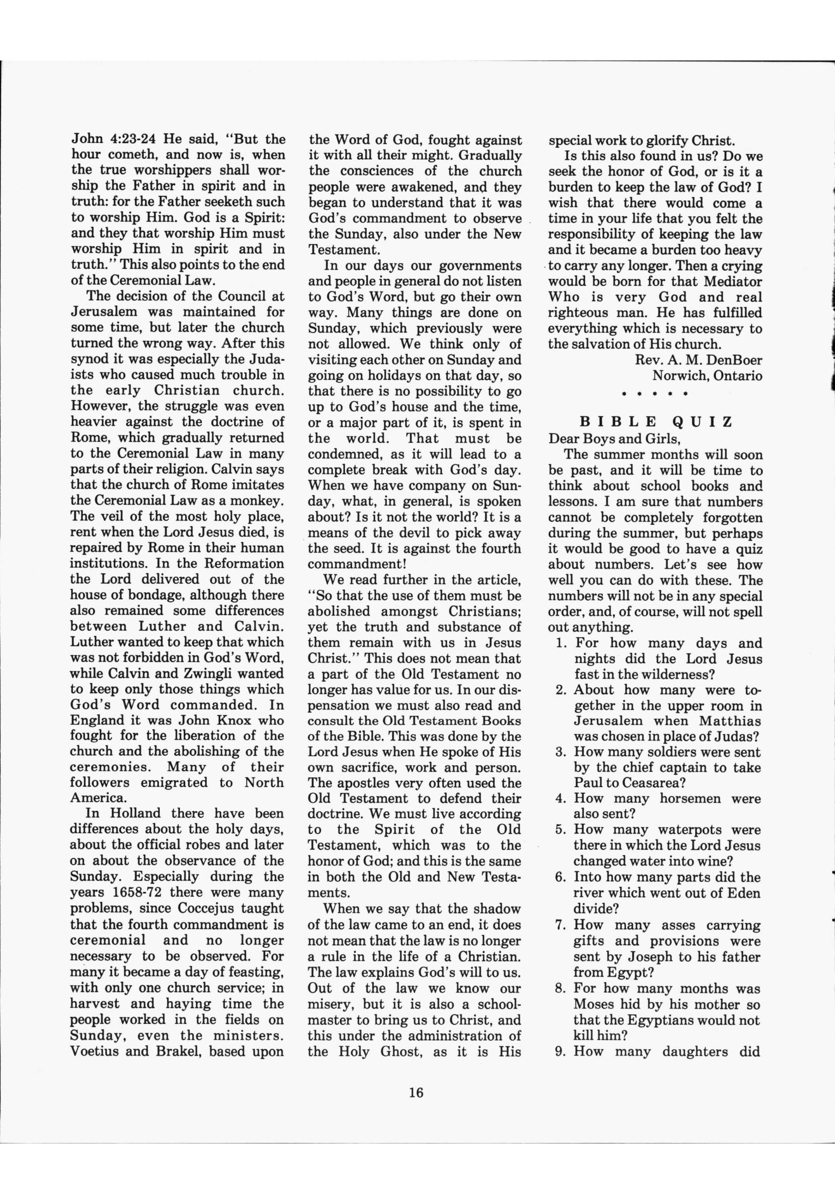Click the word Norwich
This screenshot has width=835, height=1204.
tap(677, 376)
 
